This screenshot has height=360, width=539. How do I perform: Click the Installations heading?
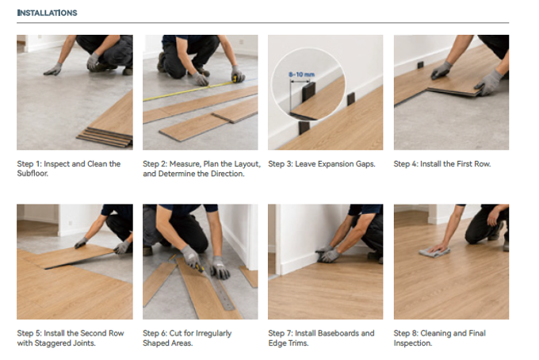tap(47, 13)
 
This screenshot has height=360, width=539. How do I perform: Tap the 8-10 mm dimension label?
tap(301, 75)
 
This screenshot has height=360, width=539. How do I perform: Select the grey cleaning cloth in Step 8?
tap(434, 252)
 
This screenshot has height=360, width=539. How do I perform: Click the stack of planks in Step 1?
tap(105, 136)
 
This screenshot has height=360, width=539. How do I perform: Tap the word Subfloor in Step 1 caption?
tap(32, 174)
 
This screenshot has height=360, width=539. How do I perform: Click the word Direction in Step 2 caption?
tap(227, 174)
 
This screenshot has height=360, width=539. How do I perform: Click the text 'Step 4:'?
tap(406, 164)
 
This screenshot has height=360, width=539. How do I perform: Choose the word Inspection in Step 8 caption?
tap(412, 343)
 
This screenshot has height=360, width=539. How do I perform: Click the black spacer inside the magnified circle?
tap(308, 92)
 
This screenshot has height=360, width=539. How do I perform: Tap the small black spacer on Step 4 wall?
tap(420, 65)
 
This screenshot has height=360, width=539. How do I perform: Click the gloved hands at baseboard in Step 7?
tap(328, 254)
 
